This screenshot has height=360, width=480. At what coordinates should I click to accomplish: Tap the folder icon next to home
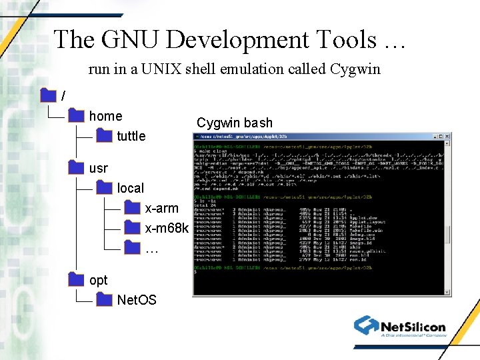pos(76,116)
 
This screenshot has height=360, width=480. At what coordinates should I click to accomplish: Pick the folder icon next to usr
pos(76,168)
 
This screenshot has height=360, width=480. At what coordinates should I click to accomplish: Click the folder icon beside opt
pos(76,280)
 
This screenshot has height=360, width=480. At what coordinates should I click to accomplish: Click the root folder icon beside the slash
pos(48,96)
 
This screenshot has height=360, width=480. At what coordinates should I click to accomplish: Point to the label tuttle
pos(131,136)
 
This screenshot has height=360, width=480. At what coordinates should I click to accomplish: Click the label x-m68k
pos(167,228)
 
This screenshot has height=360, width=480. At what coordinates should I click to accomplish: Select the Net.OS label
pos(137,300)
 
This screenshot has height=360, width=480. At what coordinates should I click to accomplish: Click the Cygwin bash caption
pos(234,123)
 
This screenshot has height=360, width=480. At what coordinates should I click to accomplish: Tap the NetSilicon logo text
pos(413,327)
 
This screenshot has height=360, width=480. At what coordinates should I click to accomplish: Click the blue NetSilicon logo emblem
pos(366,325)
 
